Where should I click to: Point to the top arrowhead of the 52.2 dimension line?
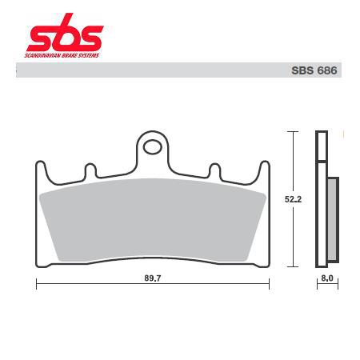coord(294,134)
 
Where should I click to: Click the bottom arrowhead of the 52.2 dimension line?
coord(294,264)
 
